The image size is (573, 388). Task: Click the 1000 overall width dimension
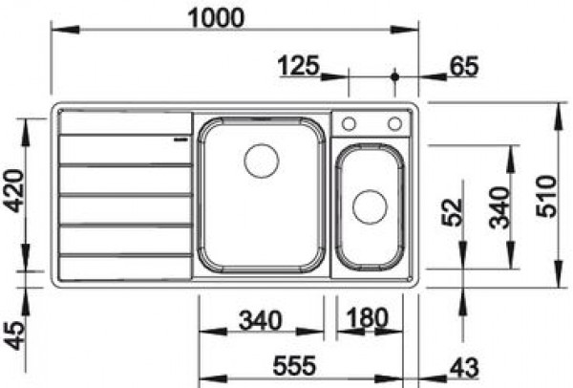click(x=218, y=16)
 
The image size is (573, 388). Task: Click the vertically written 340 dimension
click(x=499, y=206)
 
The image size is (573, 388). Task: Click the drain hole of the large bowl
click(x=261, y=160)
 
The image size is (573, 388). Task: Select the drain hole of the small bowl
click(x=368, y=205)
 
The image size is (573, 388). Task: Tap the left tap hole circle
click(x=350, y=123)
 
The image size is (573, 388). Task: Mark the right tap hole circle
click(x=394, y=123)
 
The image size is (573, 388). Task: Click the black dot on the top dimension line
click(x=393, y=75)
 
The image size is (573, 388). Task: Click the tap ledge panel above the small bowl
click(x=371, y=124)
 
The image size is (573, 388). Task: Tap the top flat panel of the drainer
click(x=124, y=122)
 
